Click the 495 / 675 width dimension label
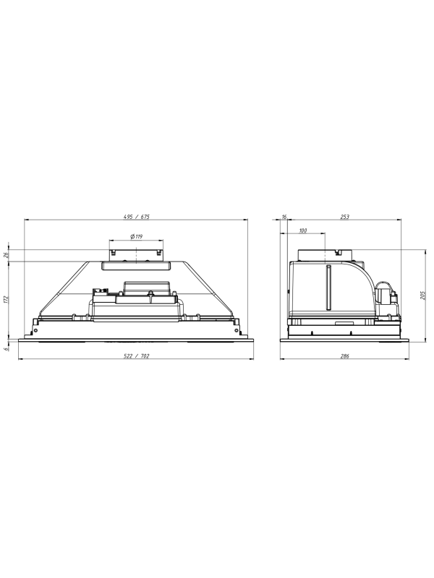(x=136, y=217)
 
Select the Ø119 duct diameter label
(x=136, y=236)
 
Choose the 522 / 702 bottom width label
(x=136, y=355)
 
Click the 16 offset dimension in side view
(x=284, y=217)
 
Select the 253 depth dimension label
(x=344, y=217)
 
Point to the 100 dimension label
(x=302, y=230)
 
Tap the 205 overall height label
(x=423, y=294)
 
